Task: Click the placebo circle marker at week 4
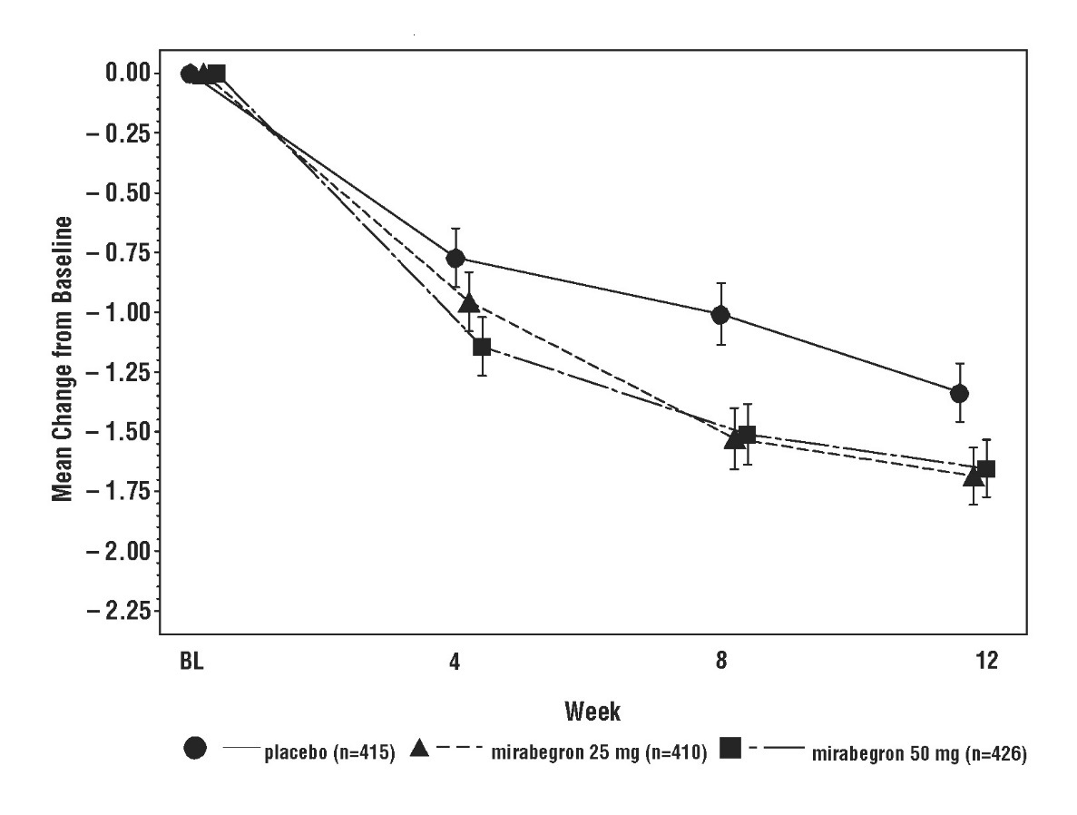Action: (455, 259)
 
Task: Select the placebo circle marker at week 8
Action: (720, 315)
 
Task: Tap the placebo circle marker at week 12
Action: (959, 393)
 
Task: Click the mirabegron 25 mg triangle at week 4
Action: (469, 302)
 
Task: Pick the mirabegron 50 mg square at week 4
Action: (483, 346)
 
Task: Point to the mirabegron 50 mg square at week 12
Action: (987, 468)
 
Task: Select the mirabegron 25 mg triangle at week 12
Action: (974, 476)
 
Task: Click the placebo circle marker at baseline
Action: (190, 74)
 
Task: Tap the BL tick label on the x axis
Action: (190, 661)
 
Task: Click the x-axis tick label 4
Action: (455, 661)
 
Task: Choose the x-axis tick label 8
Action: (720, 661)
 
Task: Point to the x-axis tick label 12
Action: (986, 661)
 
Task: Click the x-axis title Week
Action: (592, 711)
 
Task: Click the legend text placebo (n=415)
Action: (329, 753)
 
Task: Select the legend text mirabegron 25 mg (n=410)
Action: (599, 753)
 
